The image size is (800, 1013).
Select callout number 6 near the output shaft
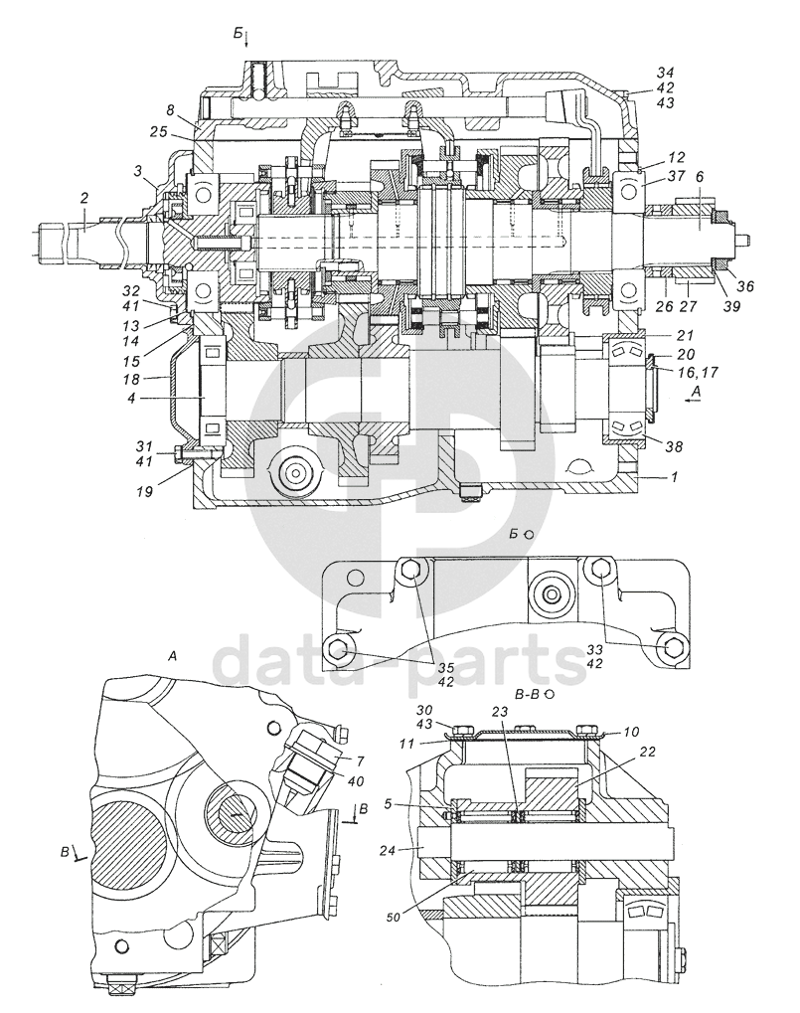tap(700, 176)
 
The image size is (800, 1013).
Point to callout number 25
tap(160, 132)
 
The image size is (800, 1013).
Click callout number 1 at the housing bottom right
tap(674, 476)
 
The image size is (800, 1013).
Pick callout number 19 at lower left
tap(145, 492)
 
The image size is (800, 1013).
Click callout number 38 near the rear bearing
tap(676, 446)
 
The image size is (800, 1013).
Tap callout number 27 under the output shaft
tap(690, 306)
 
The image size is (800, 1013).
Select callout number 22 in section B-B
tap(648, 752)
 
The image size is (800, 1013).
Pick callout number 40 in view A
tap(355, 781)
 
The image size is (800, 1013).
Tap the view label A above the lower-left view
tap(172, 656)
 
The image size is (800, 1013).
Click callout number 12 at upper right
tap(677, 157)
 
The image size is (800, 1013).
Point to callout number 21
tap(685, 335)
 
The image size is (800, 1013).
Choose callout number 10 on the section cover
tap(631, 732)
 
